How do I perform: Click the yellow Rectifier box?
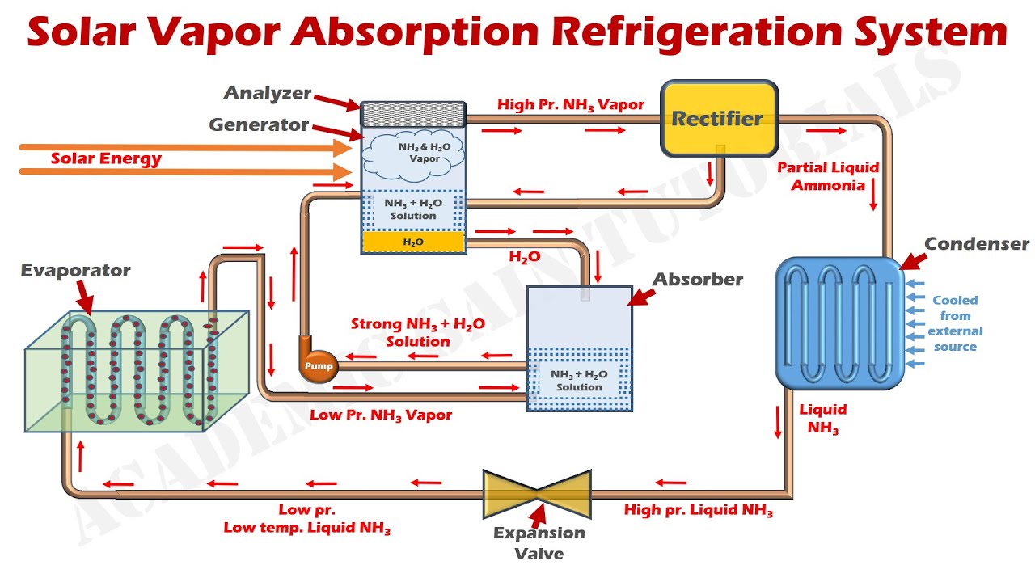(x=720, y=119)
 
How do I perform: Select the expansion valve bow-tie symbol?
(x=537, y=494)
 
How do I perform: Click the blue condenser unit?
(x=839, y=323)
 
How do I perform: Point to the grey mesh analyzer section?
(x=413, y=114)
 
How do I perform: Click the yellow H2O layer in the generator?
(x=413, y=242)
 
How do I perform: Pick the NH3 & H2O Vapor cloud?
(x=412, y=156)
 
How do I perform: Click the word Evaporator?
(x=76, y=271)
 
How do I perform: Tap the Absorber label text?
(x=698, y=280)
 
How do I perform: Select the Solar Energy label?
(x=106, y=159)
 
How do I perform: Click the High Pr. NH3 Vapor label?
(x=571, y=105)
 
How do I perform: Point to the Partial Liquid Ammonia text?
(x=828, y=176)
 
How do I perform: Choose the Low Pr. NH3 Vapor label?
(x=381, y=415)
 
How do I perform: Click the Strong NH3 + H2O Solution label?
(x=418, y=332)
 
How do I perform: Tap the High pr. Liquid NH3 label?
(x=698, y=510)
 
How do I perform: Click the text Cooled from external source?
(x=955, y=323)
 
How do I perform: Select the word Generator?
(x=259, y=124)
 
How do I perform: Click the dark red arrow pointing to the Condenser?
(x=913, y=261)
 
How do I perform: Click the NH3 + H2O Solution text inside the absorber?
(x=579, y=381)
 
